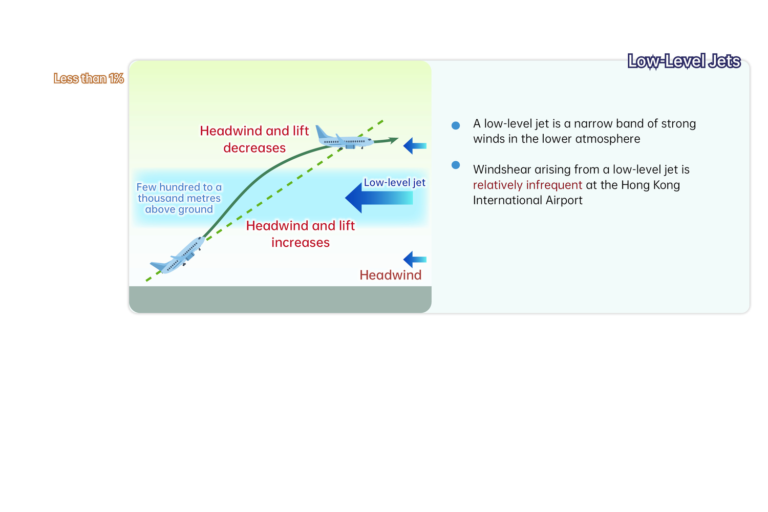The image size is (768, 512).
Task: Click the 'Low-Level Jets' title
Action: [684, 61]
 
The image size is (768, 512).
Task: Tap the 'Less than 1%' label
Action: [89, 78]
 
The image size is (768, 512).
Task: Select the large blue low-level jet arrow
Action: [378, 198]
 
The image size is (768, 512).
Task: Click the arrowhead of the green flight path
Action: [394, 139]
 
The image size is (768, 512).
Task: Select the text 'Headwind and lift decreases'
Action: [254, 139]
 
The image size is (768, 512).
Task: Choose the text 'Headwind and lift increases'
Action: [301, 234]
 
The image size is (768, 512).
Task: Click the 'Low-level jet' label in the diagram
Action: [394, 183]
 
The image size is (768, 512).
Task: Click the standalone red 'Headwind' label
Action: [390, 275]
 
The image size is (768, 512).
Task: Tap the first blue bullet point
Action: [456, 125]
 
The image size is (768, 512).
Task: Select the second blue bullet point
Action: [456, 165]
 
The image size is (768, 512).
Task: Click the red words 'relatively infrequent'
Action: [527, 185]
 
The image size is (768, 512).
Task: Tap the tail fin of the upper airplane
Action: [322, 132]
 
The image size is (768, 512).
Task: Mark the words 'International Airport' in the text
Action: [527, 200]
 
